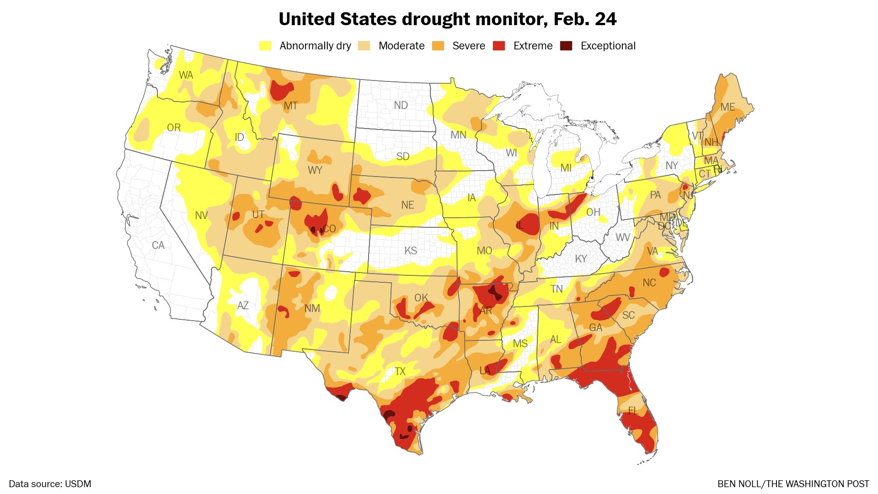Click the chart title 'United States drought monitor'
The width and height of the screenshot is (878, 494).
(447, 19)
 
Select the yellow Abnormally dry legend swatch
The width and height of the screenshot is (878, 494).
(265, 46)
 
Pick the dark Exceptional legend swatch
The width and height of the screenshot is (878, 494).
(566, 46)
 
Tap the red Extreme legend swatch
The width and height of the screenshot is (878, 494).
(499, 46)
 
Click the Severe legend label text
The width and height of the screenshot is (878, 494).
(468, 46)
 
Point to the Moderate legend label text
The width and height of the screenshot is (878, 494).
(402, 46)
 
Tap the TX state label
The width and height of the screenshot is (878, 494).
(400, 371)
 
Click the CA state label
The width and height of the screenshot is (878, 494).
(158, 246)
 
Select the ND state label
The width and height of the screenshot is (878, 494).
(401, 106)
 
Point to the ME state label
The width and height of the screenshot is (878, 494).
(728, 107)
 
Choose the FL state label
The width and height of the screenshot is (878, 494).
(633, 410)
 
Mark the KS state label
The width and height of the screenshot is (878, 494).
(411, 251)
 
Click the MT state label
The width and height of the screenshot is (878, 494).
(291, 106)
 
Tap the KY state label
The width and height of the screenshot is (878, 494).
(581, 259)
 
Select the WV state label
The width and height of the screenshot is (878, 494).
(622, 237)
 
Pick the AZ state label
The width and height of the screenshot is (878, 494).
(243, 306)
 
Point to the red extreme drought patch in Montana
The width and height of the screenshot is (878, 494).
(280, 90)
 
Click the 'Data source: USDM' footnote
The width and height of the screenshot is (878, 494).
(50, 484)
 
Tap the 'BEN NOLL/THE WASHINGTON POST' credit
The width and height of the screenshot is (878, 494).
(793, 484)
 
